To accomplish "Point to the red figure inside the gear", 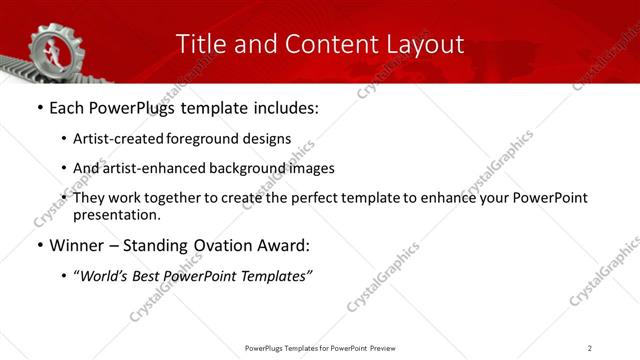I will tap(47, 47).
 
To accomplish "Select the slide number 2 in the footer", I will tap(590, 348).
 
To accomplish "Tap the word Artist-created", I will tap(113, 139).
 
